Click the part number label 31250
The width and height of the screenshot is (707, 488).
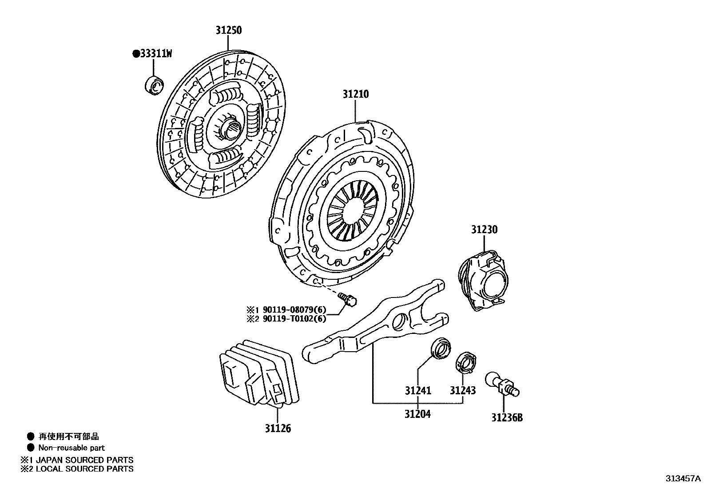[229, 30]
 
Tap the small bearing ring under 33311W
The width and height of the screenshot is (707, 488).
[155, 85]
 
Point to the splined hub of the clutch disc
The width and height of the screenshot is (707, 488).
[230, 129]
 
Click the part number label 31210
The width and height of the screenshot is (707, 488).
[355, 94]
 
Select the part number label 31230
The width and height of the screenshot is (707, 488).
[484, 230]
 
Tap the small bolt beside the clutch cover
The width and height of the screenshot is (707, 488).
[347, 299]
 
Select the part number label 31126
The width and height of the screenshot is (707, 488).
[278, 428]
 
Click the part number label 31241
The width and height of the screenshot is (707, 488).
[418, 391]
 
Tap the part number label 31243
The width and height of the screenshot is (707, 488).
[463, 391]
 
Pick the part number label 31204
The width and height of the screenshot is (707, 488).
[417, 414]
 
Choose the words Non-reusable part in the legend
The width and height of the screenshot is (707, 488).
[71, 448]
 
